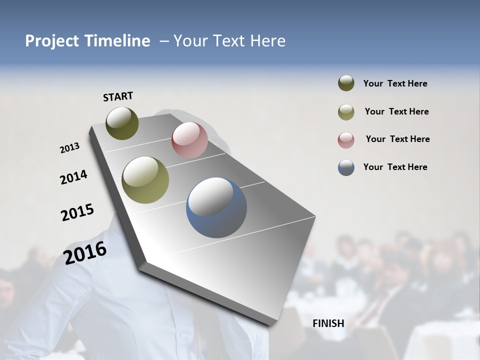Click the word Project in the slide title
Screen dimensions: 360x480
click(50, 41)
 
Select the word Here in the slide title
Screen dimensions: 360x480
click(267, 41)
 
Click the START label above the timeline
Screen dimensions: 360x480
click(118, 96)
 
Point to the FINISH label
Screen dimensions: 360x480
click(328, 323)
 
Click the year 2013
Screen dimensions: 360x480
click(69, 148)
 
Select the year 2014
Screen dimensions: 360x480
click(73, 177)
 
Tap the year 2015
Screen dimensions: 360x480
click(77, 212)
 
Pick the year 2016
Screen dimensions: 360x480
click(85, 252)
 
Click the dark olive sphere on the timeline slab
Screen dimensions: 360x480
click(122, 123)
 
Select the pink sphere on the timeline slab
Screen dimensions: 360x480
click(189, 139)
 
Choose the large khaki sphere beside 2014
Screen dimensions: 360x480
click(145, 180)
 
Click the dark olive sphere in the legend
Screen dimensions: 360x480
click(346, 83)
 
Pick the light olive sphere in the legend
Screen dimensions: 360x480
click(346, 112)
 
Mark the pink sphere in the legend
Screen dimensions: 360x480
click(346, 140)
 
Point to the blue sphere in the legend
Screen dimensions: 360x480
click(346, 167)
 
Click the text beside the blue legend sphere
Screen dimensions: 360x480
click(395, 167)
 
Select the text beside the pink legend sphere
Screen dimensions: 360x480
click(397, 139)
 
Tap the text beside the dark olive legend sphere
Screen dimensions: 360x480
click(395, 83)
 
